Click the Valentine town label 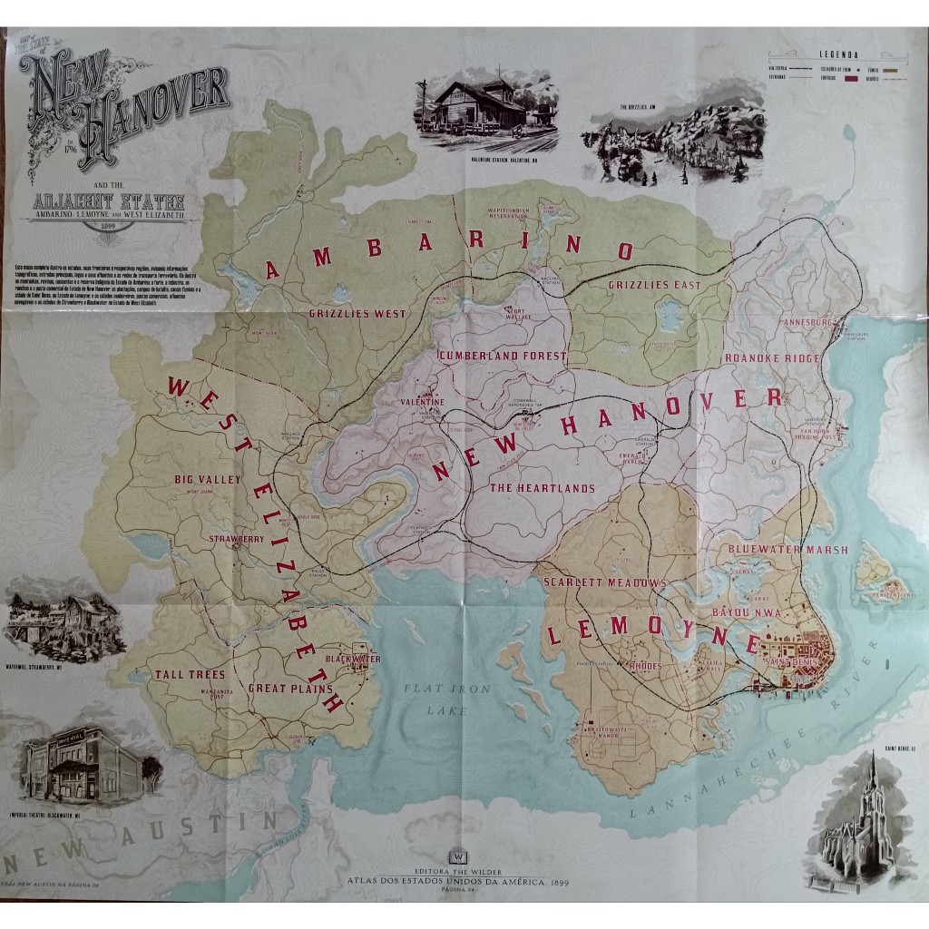(x=418, y=401)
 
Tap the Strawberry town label (x=236, y=539)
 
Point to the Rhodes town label (x=643, y=667)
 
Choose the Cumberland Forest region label (x=502, y=357)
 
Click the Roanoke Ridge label (x=771, y=357)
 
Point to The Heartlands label (x=543, y=488)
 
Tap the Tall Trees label (x=189, y=674)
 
